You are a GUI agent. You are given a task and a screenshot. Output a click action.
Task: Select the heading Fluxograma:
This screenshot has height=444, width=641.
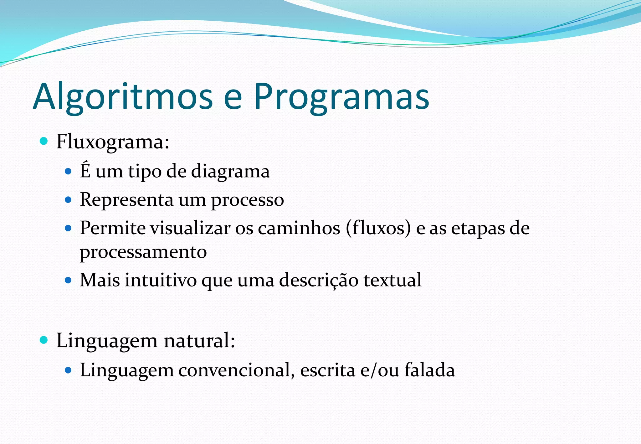click(113, 142)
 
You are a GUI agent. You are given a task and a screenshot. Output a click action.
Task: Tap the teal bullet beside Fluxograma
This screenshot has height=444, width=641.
click(44, 141)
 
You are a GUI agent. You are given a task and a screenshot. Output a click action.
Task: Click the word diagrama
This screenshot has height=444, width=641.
click(230, 172)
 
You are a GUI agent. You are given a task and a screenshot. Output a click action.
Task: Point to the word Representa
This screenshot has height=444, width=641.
click(126, 200)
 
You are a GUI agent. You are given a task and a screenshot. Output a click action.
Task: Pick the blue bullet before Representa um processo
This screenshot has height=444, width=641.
click(68, 199)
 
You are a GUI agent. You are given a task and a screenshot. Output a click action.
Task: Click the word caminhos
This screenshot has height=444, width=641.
click(299, 228)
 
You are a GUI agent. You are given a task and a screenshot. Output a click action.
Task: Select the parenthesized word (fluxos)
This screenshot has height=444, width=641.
click(378, 228)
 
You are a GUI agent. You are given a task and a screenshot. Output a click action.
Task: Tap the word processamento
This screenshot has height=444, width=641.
click(143, 252)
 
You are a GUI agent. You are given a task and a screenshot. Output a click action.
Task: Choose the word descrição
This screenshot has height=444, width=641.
click(318, 280)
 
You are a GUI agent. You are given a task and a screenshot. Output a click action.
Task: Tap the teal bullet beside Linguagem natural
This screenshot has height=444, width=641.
click(44, 340)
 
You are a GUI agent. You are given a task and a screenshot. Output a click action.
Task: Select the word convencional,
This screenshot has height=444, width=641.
click(236, 370)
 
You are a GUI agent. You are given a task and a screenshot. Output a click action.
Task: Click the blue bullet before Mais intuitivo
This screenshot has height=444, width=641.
click(68, 280)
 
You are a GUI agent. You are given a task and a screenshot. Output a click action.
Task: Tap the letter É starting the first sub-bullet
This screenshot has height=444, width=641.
click(85, 170)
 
